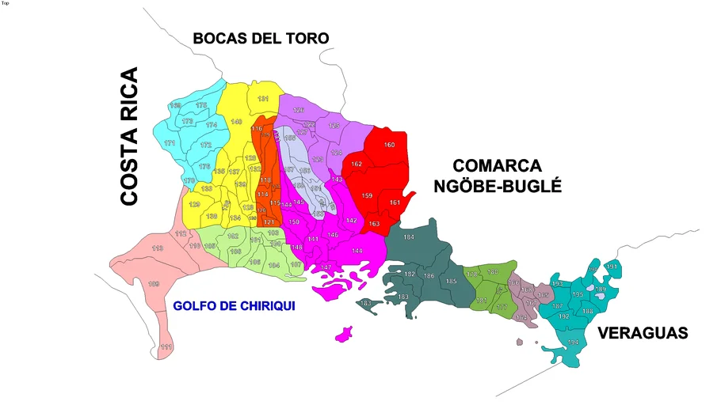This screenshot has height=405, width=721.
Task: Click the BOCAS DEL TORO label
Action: click(x=261, y=38)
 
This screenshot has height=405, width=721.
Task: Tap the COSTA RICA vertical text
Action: click(x=128, y=137)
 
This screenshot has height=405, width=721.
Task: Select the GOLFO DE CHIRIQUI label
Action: click(x=234, y=305)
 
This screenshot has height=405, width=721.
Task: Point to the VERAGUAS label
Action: click(x=643, y=333)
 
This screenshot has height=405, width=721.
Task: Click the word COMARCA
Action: click(x=497, y=166)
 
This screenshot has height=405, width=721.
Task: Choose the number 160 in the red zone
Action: click(x=389, y=145)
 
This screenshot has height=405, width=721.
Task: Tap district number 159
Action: click(x=367, y=195)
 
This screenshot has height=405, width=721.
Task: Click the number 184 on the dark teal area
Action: click(x=409, y=237)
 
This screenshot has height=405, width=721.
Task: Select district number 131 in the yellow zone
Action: click(x=264, y=99)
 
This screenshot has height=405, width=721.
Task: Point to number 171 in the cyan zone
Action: click(x=170, y=143)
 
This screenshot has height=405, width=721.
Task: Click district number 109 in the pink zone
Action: click(x=154, y=284)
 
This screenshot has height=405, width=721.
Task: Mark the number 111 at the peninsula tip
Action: click(x=166, y=346)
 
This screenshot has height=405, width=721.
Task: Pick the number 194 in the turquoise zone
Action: click(x=573, y=342)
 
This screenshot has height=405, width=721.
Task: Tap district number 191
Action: click(x=611, y=267)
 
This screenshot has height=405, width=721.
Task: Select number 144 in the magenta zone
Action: click(x=357, y=251)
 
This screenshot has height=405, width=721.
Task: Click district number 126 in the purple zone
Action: click(x=299, y=110)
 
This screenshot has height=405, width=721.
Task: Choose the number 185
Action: click(x=451, y=281)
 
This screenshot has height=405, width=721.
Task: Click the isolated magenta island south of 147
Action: click(x=344, y=334)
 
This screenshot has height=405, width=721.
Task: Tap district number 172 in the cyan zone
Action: click(x=206, y=145)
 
